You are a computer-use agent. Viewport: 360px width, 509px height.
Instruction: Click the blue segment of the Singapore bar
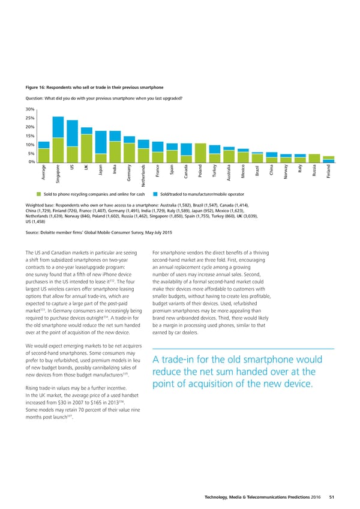[x=58, y=127]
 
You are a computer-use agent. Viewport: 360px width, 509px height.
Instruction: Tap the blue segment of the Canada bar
[x=187, y=149]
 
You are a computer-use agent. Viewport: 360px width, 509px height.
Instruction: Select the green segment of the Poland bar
[x=201, y=153]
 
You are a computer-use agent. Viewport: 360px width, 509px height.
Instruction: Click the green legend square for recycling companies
[x=38, y=194]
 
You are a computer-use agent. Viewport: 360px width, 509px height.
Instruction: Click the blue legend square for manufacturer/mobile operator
[x=155, y=194]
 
